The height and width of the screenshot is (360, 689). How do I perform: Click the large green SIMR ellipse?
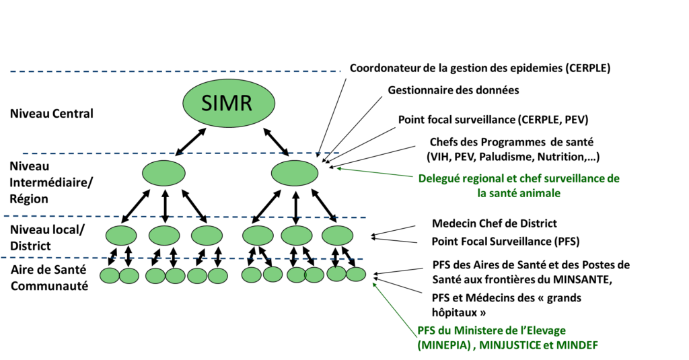[x=229, y=103]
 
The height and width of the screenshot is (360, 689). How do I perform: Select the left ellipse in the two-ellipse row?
[x=164, y=173]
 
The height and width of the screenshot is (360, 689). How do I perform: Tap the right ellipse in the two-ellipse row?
[x=294, y=173]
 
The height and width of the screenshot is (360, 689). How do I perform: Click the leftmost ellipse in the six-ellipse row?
[x=121, y=236]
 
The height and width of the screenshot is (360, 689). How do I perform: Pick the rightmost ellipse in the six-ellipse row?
[x=337, y=236]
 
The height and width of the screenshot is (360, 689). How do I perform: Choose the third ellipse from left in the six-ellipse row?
[x=207, y=236]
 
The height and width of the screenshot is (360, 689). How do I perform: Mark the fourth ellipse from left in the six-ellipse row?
[x=258, y=236]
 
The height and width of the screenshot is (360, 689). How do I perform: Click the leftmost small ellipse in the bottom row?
[x=110, y=275]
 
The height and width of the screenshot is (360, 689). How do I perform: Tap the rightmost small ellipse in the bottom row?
[x=356, y=274]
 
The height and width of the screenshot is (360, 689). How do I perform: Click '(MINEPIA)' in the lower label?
[x=443, y=346]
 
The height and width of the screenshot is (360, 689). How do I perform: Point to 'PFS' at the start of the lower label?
[x=425, y=330]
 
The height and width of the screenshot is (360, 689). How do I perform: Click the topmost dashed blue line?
[x=175, y=71]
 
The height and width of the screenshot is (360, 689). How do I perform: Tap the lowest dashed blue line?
[x=182, y=258]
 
